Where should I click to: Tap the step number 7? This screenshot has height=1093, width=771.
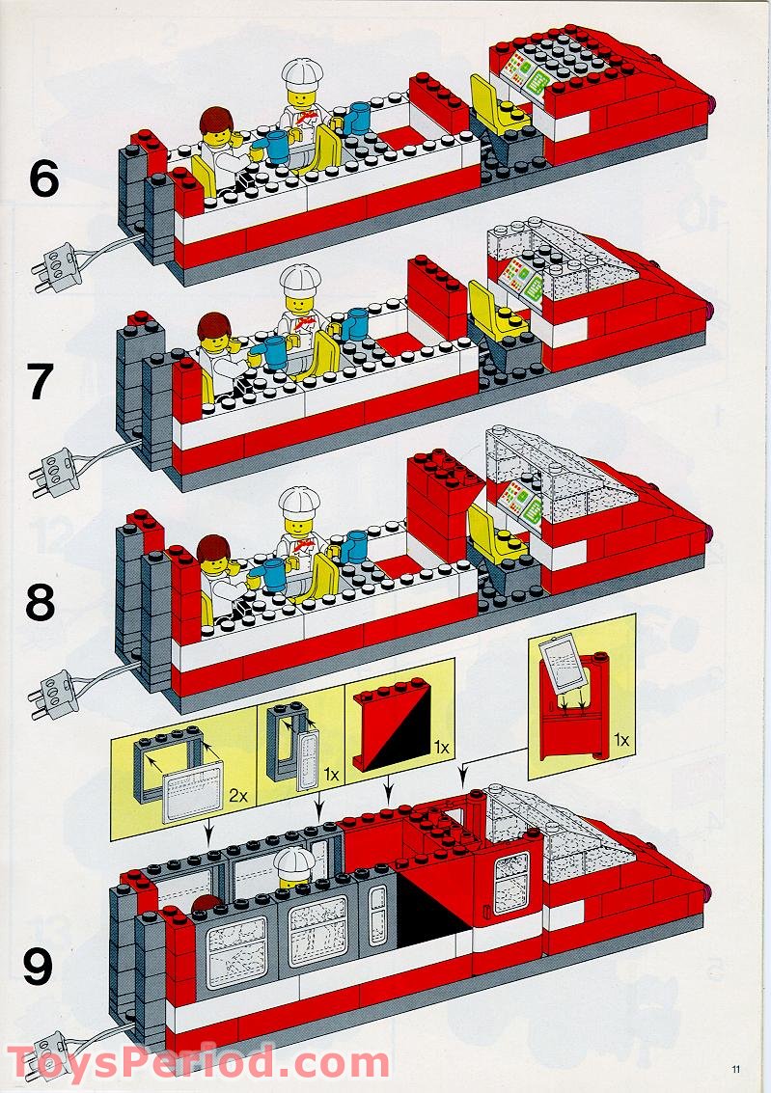click(41, 382)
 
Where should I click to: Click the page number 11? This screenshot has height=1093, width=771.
click(736, 1067)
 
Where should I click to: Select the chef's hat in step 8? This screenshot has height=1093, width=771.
click(299, 505)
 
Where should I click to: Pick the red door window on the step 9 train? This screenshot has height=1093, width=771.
click(508, 882)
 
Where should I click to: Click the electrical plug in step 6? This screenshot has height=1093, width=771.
click(56, 264)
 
